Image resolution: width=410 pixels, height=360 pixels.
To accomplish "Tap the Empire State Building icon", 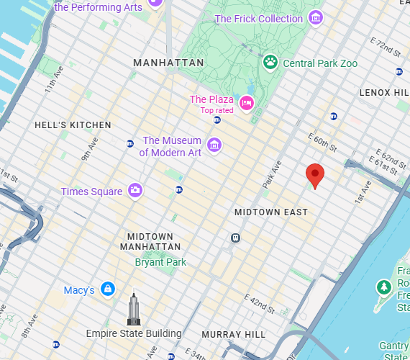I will (133, 310).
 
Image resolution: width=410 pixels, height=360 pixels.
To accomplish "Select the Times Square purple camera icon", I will (135, 190).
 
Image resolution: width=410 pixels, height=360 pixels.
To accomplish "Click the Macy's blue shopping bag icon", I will (107, 289).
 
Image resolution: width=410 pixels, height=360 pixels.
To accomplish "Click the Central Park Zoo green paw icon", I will (270, 63).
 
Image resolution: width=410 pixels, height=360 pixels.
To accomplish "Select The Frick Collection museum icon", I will (314, 18).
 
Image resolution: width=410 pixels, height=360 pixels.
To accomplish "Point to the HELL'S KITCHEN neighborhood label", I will (73, 125).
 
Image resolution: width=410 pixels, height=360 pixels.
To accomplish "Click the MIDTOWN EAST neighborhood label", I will (271, 212).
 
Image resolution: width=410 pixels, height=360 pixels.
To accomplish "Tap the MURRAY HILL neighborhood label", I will (234, 335).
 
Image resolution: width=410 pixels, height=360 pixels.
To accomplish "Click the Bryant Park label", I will (160, 262).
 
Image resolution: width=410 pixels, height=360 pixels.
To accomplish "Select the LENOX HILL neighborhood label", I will (384, 93).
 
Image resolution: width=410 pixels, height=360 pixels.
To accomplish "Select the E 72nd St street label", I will (386, 49).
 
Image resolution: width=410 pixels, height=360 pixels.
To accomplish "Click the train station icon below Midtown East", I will (235, 238).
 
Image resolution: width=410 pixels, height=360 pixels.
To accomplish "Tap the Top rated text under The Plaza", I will (217, 110).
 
